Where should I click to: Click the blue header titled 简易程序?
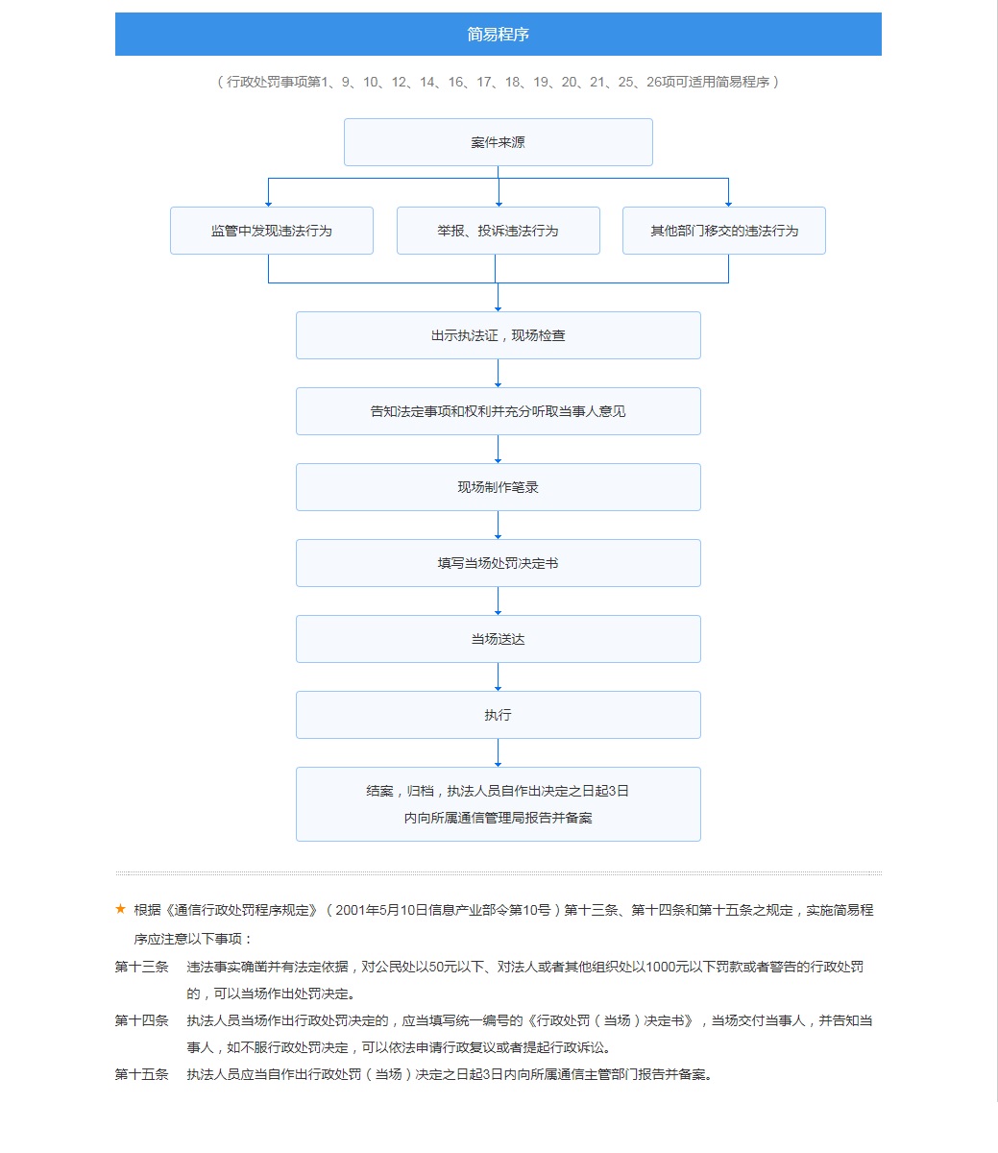[x=498, y=35]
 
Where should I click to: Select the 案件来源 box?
[x=498, y=142]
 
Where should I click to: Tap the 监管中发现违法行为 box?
[x=271, y=231]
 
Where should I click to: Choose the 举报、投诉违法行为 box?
[x=498, y=231]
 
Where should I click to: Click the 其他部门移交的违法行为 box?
[x=723, y=231]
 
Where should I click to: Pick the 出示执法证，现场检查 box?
[x=498, y=335]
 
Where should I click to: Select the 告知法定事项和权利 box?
[x=498, y=411]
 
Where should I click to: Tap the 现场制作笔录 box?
[x=498, y=487]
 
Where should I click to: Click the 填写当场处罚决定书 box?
[x=498, y=563]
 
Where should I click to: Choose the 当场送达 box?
[x=498, y=639]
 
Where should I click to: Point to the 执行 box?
[x=498, y=715]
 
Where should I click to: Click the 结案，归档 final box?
[x=498, y=804]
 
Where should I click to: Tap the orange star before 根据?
[x=120, y=909]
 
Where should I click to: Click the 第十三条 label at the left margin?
[x=141, y=967]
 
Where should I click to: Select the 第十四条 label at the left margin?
[x=141, y=1020]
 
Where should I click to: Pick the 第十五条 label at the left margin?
[x=141, y=1074]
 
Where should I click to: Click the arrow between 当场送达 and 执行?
[x=498, y=677]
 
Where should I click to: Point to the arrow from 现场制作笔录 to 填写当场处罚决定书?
[x=498, y=526]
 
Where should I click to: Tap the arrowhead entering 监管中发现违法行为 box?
[x=268, y=203]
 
